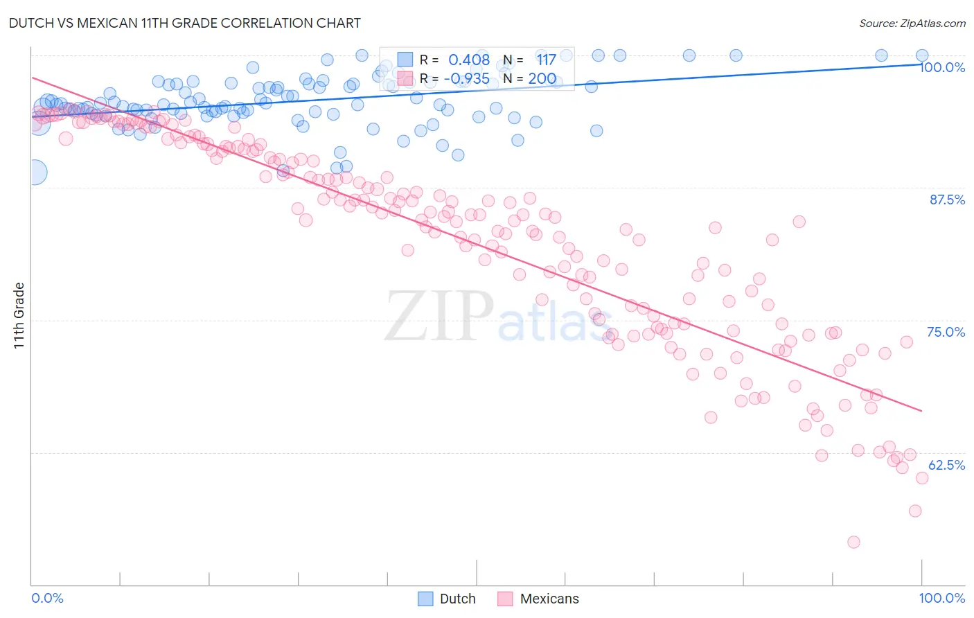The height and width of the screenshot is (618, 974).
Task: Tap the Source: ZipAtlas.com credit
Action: tap(912, 23)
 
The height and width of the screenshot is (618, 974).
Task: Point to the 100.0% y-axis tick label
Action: tap(942, 67)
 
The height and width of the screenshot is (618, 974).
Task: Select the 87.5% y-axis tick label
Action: tap(947, 200)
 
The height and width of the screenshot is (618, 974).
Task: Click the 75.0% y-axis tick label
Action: tap(946, 332)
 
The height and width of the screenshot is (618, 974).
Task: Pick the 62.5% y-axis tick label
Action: tap(946, 465)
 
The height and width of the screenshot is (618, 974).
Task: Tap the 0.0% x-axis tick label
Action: tap(47, 598)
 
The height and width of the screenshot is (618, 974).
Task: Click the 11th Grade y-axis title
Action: tap(19, 315)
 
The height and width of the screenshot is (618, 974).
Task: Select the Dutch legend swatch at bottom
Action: tap(425, 599)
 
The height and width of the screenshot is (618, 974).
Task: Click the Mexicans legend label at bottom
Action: tap(549, 599)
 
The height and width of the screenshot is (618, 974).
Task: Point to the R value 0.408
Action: tap(469, 60)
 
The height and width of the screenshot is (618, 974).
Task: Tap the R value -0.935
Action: tap(469, 78)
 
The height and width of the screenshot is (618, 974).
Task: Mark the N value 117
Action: tap(546, 60)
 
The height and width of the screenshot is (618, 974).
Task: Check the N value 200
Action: tap(542, 78)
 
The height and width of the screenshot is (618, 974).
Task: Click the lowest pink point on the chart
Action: tap(853, 542)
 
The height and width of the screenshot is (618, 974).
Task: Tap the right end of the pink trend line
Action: tap(922, 412)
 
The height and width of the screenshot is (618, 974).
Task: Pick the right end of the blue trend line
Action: tap(922, 64)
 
